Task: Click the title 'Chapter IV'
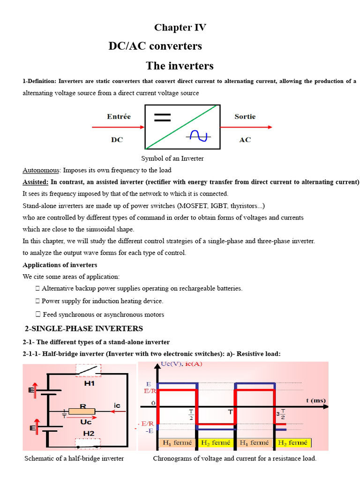coord(180,28)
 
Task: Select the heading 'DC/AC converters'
coord(155,46)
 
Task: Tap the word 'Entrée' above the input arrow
coord(119,117)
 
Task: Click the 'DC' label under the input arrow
coord(117,140)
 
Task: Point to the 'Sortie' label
coord(245,117)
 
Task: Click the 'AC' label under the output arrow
coord(245,140)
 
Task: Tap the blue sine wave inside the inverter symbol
coord(198,135)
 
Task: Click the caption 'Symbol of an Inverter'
coord(172,158)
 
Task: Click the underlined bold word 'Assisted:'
coord(36,182)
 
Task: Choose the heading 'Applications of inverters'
coord(60,265)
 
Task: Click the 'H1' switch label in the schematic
coord(90,383)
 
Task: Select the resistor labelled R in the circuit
coord(82,411)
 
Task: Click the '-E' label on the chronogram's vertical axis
coord(150,430)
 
